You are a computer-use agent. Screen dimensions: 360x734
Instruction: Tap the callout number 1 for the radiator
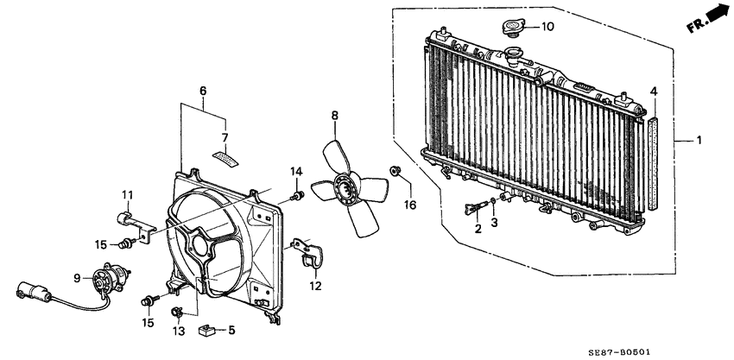(x=700, y=140)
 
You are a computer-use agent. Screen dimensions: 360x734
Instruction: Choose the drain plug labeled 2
(x=473, y=208)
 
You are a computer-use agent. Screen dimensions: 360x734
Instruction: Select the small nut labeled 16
(x=395, y=171)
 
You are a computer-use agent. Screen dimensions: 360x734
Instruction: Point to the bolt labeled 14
(x=296, y=199)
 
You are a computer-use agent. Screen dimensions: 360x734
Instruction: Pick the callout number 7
(x=225, y=137)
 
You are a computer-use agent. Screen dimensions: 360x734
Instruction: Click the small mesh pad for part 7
(x=224, y=158)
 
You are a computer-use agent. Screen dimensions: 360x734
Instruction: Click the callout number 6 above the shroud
(x=203, y=90)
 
